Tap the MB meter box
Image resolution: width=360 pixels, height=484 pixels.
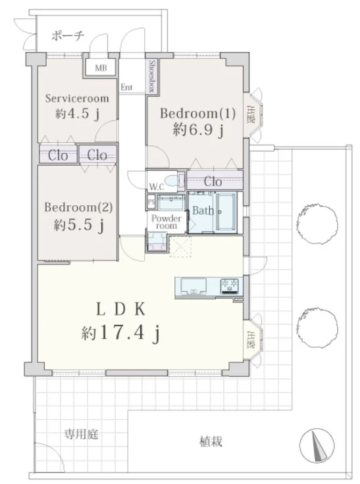(x=100, y=68)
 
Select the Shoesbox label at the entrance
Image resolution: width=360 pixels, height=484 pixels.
(x=152, y=76)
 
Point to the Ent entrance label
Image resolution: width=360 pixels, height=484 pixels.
(x=126, y=85)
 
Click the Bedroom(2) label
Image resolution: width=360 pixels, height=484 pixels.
(x=78, y=207)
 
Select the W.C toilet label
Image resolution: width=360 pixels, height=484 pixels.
(x=156, y=186)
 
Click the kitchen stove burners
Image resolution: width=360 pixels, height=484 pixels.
(x=230, y=285)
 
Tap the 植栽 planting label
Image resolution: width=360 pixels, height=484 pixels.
(x=211, y=442)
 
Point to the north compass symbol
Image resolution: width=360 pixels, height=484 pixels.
(x=316, y=447)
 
